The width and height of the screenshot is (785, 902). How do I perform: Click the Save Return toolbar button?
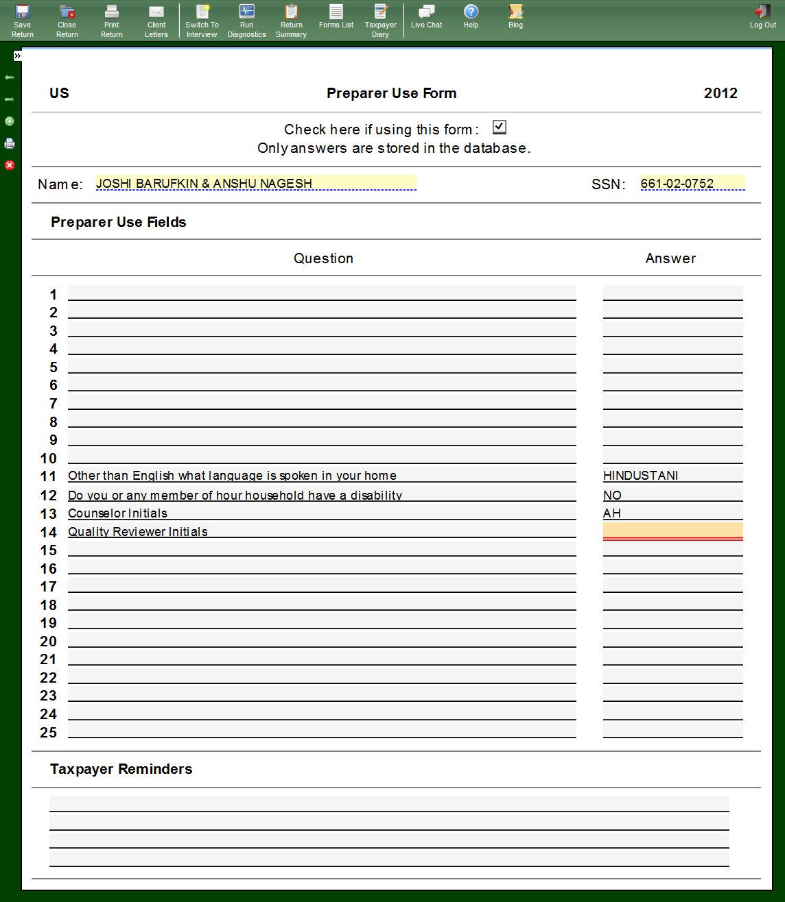tap(23, 21)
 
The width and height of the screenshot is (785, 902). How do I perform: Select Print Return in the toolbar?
tap(112, 21)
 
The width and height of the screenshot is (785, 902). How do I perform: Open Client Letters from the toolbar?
tap(156, 21)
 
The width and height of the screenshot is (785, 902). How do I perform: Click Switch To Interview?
tap(202, 21)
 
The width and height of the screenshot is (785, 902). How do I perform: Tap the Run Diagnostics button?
tap(246, 21)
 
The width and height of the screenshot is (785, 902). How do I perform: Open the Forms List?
tap(336, 17)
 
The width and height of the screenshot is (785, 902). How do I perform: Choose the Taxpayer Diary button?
tap(381, 21)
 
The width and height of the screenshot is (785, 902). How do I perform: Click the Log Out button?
tap(762, 17)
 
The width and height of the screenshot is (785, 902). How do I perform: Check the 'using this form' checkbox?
tap(500, 127)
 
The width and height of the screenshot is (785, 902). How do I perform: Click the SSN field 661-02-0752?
tap(692, 183)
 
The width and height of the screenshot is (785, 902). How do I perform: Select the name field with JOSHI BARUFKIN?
tap(255, 183)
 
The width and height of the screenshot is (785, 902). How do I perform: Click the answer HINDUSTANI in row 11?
tap(641, 476)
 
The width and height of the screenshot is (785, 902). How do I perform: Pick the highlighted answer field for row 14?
tap(672, 531)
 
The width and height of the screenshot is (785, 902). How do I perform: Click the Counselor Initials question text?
tap(117, 513)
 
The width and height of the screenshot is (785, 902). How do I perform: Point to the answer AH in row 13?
tap(612, 513)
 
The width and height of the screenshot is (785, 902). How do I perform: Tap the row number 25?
tap(49, 733)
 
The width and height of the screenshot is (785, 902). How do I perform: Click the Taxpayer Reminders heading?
tap(121, 769)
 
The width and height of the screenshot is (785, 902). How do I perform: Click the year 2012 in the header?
tap(720, 93)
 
